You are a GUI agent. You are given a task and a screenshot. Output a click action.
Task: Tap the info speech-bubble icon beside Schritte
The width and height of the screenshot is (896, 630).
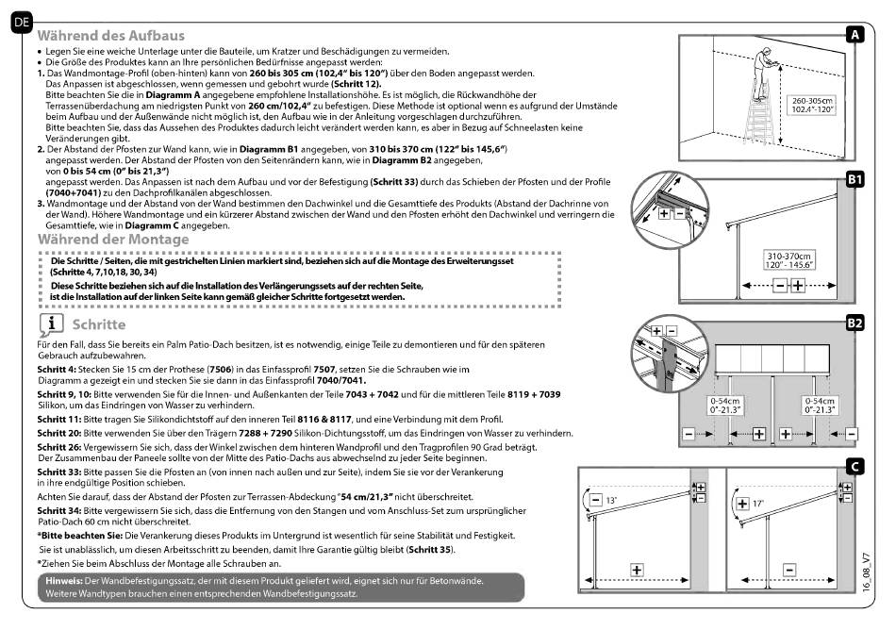click(x=50, y=323)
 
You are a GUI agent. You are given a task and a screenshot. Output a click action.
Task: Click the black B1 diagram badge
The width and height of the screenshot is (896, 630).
click(x=854, y=178)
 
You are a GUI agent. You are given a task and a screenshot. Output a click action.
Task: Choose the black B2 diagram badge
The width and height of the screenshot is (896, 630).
click(x=854, y=323)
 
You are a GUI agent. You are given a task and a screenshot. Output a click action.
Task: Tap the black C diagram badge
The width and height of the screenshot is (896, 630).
click(x=854, y=466)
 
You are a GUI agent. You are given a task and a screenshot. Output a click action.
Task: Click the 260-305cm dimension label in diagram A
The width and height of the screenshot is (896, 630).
click(x=814, y=104)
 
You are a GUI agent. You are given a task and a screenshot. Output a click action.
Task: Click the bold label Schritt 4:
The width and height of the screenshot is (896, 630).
click(x=58, y=369)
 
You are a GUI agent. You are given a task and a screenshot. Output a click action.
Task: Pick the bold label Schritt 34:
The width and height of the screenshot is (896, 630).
click(x=61, y=509)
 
